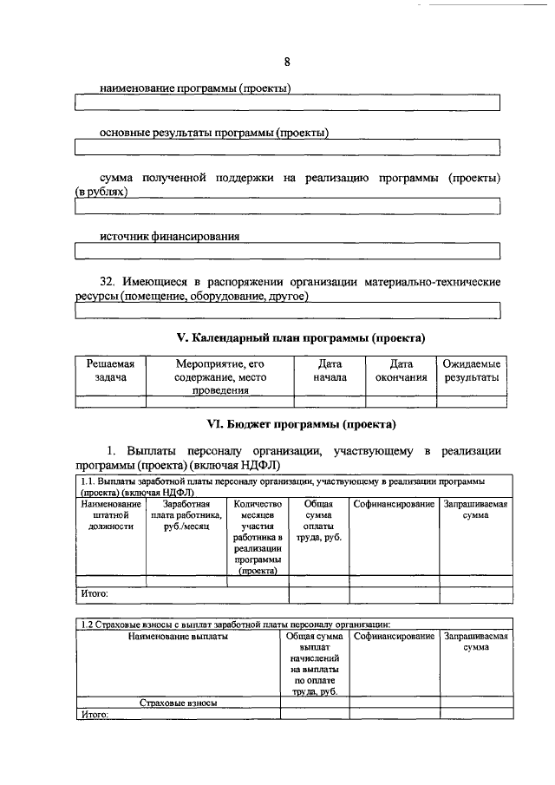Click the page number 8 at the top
pos(287,61)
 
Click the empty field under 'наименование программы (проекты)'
pos(287,104)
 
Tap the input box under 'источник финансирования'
pos(287,252)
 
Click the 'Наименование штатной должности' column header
pos(110,514)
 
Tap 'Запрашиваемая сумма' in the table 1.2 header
pos(475,642)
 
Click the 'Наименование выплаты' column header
pos(178,637)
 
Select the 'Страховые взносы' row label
pos(178,703)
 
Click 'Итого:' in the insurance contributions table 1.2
pos(94,715)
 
